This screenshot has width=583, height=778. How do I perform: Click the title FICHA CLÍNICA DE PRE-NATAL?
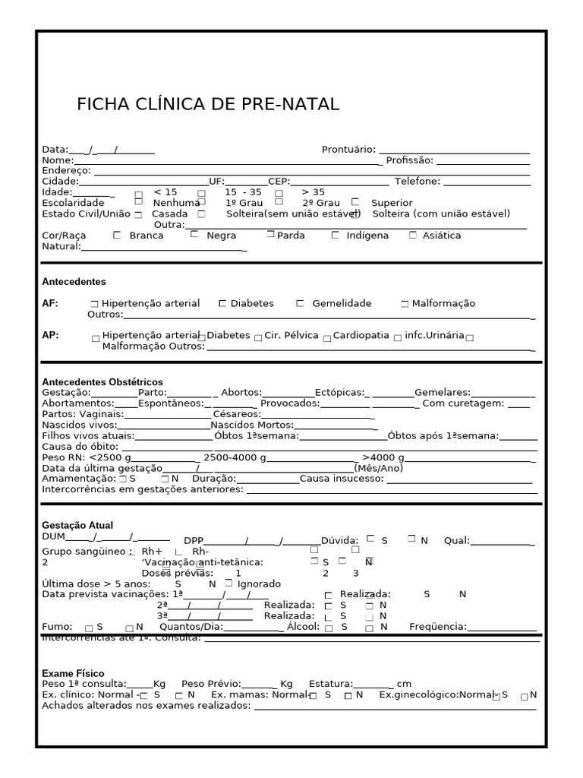[208, 104]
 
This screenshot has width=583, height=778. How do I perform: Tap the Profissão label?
[409, 160]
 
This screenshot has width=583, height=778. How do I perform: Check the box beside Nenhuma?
[138, 201]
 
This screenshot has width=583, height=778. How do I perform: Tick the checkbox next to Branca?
[116, 235]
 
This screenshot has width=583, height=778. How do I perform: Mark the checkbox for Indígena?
[335, 235]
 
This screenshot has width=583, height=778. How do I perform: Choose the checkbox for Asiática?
[413, 235]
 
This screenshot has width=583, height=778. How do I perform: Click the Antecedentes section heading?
[74, 282]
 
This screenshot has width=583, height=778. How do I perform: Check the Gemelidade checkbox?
[300, 303]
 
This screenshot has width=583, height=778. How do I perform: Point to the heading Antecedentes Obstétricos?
[102, 382]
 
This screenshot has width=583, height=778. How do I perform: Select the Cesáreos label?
[237, 414]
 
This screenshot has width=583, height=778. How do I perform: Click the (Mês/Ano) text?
[378, 468]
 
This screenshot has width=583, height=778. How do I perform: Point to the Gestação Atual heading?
[77, 525]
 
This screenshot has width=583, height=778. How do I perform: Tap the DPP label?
[194, 541]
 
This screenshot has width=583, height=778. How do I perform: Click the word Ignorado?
[259, 584]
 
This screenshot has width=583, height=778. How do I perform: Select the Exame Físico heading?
[73, 674]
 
